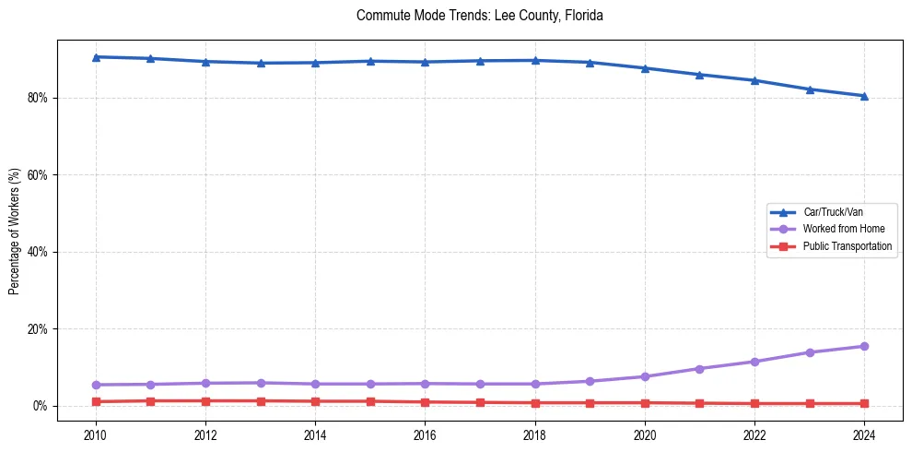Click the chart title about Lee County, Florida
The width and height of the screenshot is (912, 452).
[479, 16]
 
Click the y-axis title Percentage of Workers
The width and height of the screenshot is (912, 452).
[14, 231]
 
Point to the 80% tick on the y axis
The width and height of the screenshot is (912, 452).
[38, 98]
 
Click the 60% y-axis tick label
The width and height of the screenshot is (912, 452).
[38, 175]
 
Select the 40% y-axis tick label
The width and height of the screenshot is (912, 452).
[38, 252]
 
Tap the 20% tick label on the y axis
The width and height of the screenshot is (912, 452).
[38, 329]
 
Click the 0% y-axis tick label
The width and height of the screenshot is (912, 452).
[41, 406]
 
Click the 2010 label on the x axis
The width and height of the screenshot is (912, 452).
[96, 434]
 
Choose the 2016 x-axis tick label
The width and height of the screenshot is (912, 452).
[425, 434]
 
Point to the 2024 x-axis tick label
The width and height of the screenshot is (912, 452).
[864, 434]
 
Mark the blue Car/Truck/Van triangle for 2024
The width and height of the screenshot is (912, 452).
[864, 96]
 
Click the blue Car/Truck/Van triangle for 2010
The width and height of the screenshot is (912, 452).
[96, 57]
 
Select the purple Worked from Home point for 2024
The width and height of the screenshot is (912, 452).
[864, 347]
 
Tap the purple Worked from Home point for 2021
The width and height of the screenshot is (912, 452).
[699, 369]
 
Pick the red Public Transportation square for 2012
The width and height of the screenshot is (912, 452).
[205, 401]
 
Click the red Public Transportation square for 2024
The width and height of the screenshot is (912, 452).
[864, 404]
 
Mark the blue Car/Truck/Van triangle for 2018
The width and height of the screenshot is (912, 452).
[535, 61]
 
